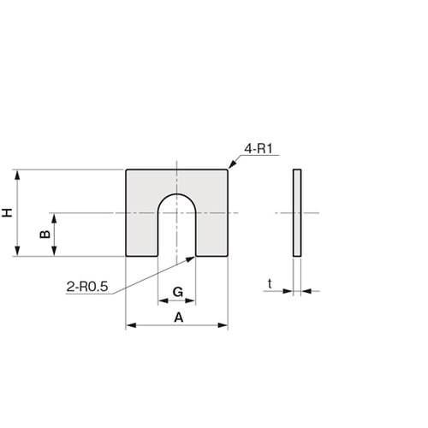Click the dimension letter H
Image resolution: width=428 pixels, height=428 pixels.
coord(8,213)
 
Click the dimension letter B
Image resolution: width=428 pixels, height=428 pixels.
coord(45,235)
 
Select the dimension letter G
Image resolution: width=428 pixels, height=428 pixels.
coord(178,292)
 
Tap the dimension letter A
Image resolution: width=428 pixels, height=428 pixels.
coord(179,318)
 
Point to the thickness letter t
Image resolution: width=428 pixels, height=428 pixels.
coord(270,284)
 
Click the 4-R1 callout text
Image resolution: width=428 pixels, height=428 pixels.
coord(259,149)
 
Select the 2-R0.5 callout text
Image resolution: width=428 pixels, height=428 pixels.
coord(87,287)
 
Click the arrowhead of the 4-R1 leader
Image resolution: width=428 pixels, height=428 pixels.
coord(232,164)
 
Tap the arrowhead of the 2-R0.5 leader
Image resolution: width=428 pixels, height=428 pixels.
coord(190,259)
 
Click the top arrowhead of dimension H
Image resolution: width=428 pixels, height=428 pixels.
coord(17,175)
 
